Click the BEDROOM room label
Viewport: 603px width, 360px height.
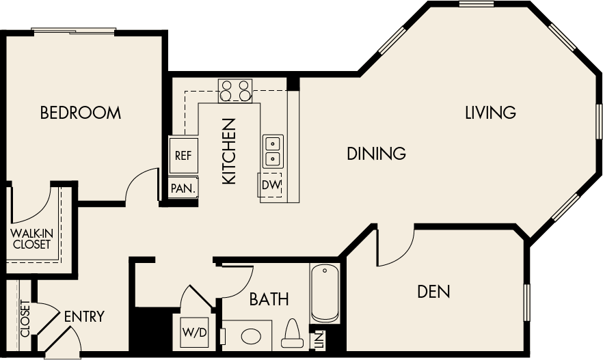[x=81, y=113]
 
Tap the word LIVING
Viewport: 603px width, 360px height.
[x=490, y=112]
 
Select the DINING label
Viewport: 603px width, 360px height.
[x=376, y=153]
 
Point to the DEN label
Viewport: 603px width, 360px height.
[x=434, y=292]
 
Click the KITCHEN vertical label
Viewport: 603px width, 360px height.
[x=229, y=151]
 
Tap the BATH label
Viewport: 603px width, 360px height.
[x=269, y=299]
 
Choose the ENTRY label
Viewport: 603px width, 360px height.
[x=84, y=316]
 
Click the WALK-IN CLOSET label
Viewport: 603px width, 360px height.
[x=31, y=238]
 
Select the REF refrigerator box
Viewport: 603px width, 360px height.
[x=183, y=155]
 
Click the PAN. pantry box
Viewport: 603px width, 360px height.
[x=183, y=188]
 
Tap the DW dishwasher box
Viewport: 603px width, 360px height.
[x=271, y=184]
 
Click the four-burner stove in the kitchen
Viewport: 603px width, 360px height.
[x=235, y=91]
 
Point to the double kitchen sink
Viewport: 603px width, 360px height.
[x=273, y=151]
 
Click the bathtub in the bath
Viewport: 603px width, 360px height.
[x=325, y=293]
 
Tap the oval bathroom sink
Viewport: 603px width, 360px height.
[x=252, y=337]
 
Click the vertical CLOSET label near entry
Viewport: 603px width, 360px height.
[x=25, y=318]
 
